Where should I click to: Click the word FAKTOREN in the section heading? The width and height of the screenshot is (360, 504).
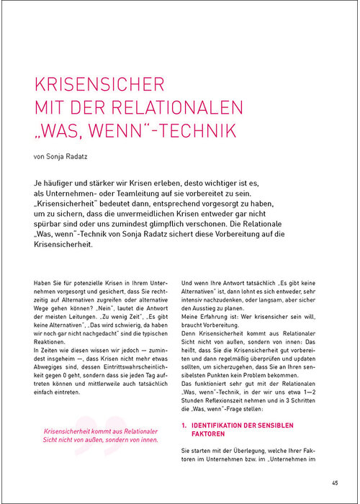pyautogui.click(x=211, y=436)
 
